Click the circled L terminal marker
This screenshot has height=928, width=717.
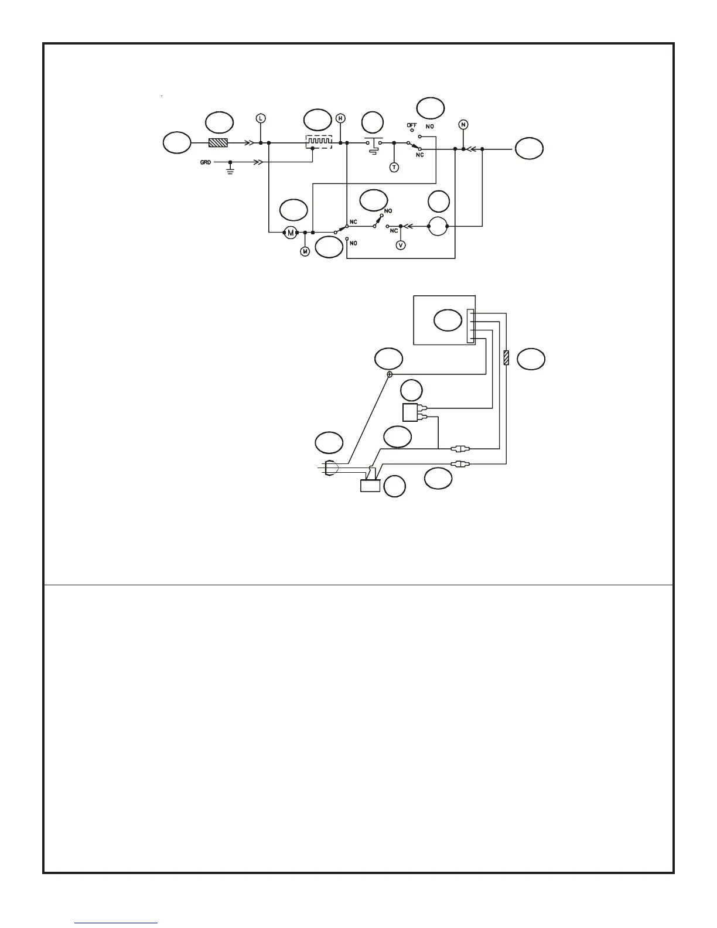[x=261, y=118]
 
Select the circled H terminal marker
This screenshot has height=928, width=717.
[x=340, y=118]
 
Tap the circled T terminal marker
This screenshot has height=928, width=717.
[x=394, y=168]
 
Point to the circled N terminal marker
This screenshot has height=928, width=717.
[x=463, y=124]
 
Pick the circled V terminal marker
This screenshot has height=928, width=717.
[x=401, y=245]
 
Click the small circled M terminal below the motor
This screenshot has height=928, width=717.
[x=305, y=251]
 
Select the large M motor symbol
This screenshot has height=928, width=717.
[x=290, y=233]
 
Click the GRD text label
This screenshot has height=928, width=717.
[x=206, y=162]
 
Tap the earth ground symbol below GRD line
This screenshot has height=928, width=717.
[x=230, y=172]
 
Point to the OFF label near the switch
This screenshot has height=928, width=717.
[x=412, y=125]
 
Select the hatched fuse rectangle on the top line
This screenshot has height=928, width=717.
[x=218, y=142]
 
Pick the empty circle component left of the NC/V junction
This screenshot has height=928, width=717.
[x=438, y=226]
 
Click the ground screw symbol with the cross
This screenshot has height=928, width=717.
[x=390, y=374]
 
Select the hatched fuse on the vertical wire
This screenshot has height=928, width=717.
[x=506, y=357]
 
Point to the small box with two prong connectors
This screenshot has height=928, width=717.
[x=412, y=412]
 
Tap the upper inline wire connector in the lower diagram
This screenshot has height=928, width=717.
[x=460, y=449]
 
